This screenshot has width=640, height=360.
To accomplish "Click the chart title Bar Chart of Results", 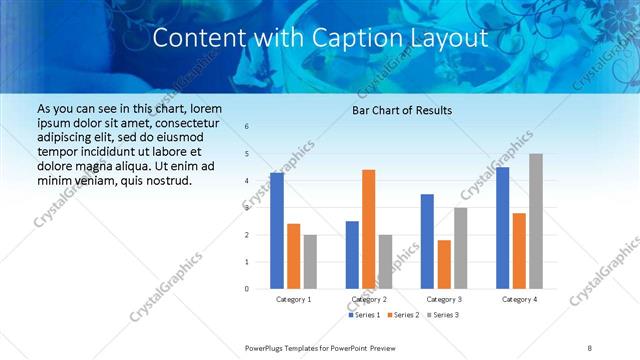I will pos(401,110).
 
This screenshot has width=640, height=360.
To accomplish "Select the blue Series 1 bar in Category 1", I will pos(277,231).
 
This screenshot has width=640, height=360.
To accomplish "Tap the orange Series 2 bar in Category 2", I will pos(368,229).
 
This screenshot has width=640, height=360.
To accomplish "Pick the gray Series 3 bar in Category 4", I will pos(536,221).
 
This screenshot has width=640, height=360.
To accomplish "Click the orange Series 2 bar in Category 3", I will pos(444,264).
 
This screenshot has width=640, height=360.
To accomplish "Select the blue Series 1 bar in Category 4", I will pos(502,228).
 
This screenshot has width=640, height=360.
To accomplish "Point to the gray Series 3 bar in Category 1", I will pos(310,261).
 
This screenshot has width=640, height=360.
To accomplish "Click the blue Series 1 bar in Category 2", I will pos(352,255).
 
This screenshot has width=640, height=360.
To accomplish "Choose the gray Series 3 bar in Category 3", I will pos(460,248).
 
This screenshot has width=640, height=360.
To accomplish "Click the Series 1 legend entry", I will pos(364,315).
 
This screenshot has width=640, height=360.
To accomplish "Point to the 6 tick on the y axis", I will pos(247,127).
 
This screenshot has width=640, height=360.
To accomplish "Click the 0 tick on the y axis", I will pos(247,289).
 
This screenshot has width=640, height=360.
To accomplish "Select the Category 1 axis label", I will pos(293,299).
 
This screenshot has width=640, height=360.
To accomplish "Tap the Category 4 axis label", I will pos(519,299).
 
